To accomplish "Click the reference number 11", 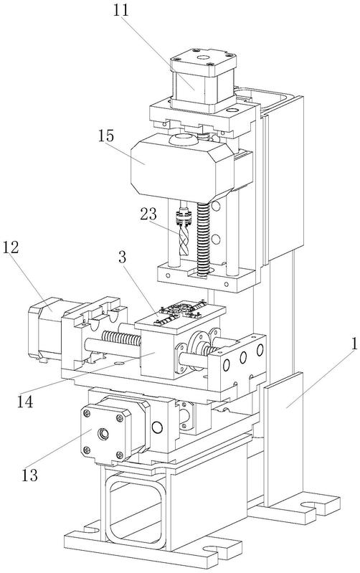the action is tap(121, 10).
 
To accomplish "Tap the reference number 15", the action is tap(106, 136).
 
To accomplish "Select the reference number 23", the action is tap(148, 214).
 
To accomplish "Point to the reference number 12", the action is tap(11, 247).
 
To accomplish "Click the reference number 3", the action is tap(123, 257).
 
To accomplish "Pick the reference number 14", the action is tap(25, 402).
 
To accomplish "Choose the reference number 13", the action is tap(29, 475).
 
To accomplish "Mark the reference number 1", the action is tap(354, 344).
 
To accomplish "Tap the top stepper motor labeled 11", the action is tap(203, 80).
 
